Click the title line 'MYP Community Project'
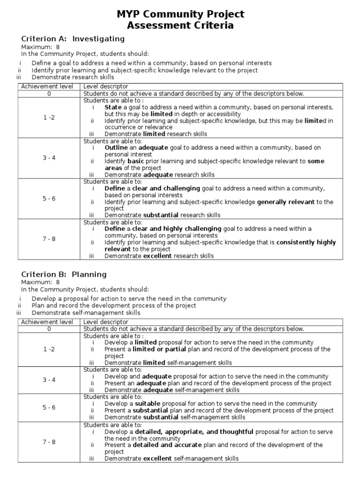(180, 15)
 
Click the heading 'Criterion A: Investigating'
(73, 39)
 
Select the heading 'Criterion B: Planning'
(64, 274)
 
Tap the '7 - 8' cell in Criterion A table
(49, 239)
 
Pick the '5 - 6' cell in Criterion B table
(49, 407)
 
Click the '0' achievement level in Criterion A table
(49, 93)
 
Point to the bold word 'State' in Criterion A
(113, 107)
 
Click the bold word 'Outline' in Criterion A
(116, 147)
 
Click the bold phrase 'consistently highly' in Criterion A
(306, 242)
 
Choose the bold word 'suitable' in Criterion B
(148, 403)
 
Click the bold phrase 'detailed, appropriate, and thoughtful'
(194, 432)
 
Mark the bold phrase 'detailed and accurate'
(167, 445)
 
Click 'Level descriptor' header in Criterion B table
(106, 322)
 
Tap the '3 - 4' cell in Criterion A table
(49, 158)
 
